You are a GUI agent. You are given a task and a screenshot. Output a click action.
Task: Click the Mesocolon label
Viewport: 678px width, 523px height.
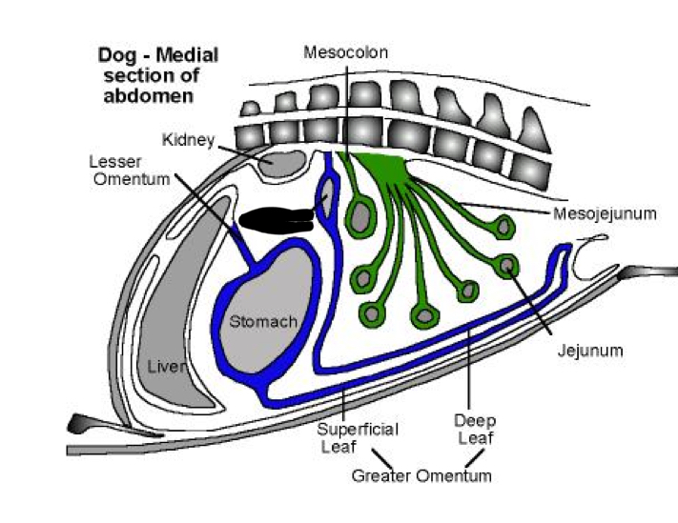point(345,52)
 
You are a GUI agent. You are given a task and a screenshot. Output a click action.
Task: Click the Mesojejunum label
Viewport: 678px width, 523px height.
point(605,213)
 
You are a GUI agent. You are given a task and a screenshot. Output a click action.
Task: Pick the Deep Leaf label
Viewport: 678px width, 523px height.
point(473,430)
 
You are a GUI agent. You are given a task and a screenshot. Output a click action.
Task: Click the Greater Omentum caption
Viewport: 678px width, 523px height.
point(421,475)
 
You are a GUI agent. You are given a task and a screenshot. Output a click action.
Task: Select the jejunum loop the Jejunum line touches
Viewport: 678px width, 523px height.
point(511,264)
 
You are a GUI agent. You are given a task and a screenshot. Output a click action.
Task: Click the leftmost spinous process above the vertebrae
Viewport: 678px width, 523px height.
point(252,107)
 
